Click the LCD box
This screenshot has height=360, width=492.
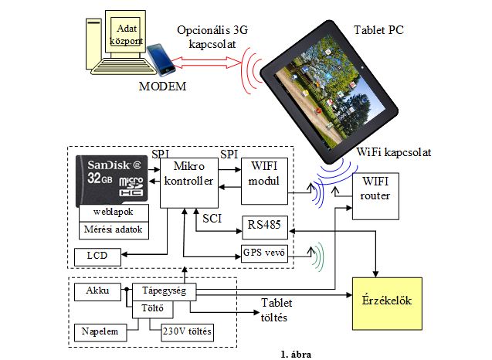click(96, 255)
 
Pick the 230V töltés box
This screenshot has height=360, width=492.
click(186, 332)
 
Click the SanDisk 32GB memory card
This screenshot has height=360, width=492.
click(112, 180)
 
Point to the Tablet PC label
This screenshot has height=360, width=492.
click(378, 31)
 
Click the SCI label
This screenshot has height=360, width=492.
click(213, 219)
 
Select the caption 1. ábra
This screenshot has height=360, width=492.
click(297, 354)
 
